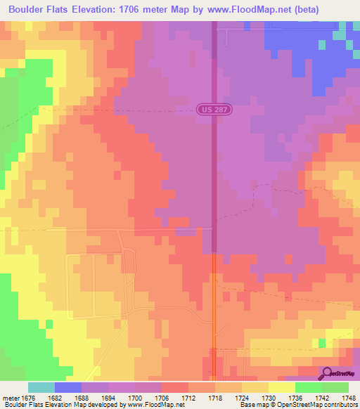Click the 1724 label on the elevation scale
243,398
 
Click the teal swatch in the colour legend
41,387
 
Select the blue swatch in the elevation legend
67,387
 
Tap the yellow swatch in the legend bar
281,387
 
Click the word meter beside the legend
11,398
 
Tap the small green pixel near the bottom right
321,342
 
